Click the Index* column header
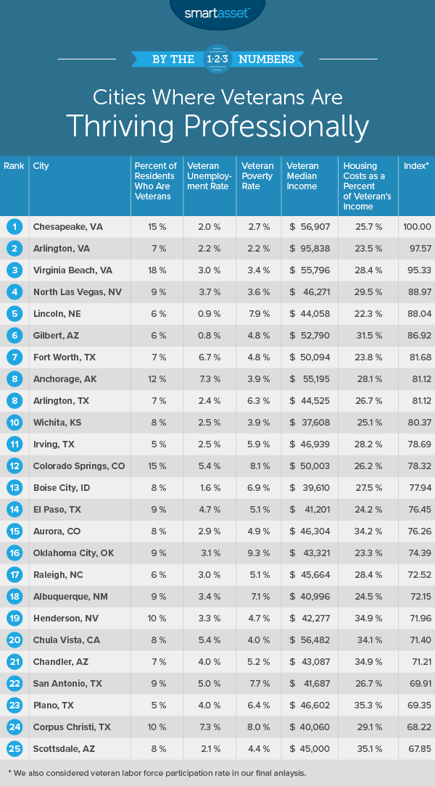pos(416,166)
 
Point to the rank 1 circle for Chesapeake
pos(14,226)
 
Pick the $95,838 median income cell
pos(309,248)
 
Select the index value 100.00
pos(416,226)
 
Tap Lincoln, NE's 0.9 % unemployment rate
pos(210,314)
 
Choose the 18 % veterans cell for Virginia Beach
pos(157,270)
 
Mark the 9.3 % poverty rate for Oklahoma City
pos(261,553)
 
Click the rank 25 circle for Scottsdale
pos(14,727)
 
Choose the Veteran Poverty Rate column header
pos(257,175)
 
